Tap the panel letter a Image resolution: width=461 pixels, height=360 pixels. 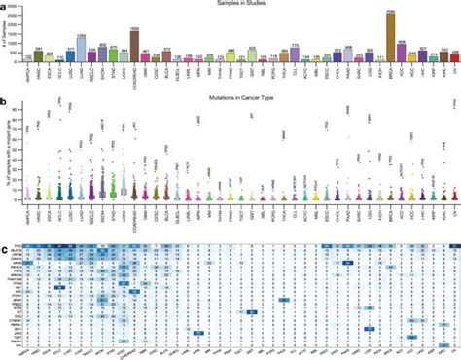pyautogui.click(x=5, y=6)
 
